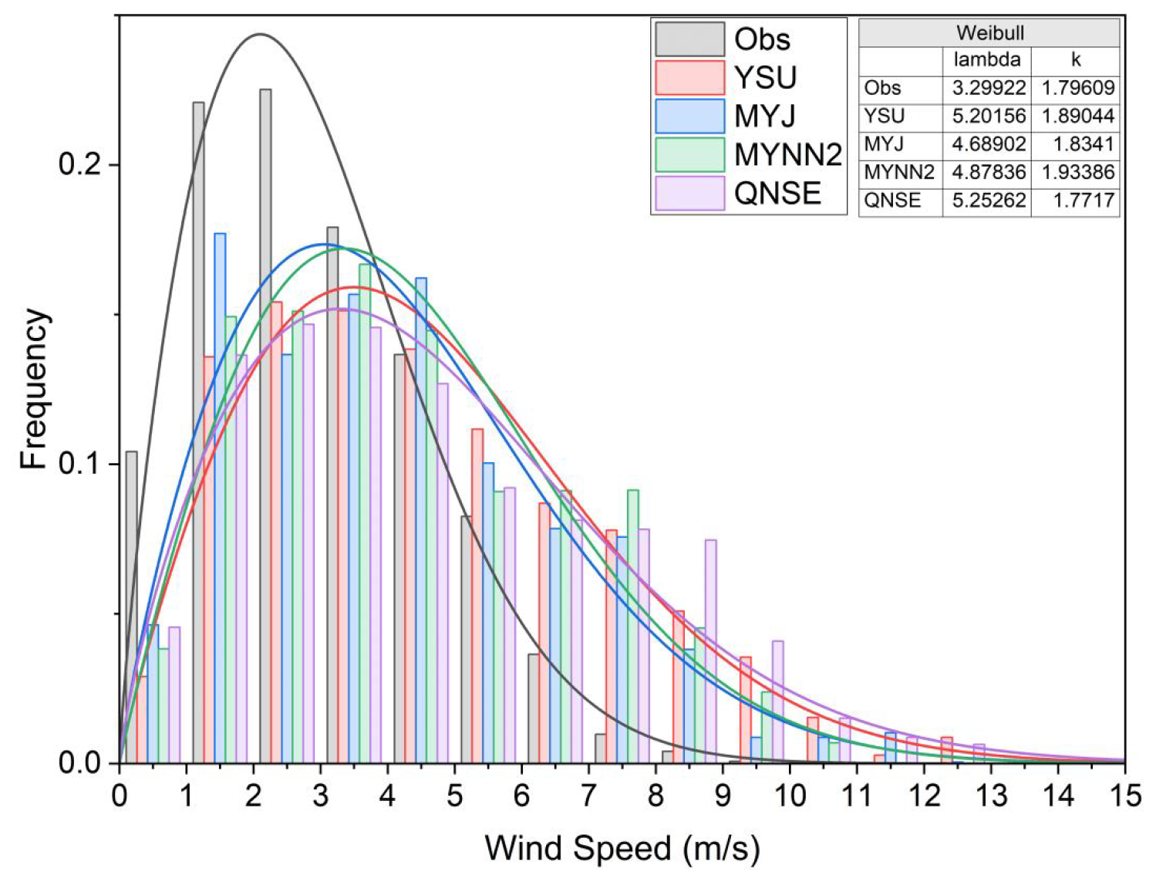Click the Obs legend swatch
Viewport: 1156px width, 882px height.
point(689,39)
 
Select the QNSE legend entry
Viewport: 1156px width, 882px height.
point(777,193)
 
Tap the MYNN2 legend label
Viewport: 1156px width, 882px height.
point(787,154)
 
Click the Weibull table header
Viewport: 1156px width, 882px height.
point(989,33)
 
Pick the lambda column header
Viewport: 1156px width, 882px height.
point(986,60)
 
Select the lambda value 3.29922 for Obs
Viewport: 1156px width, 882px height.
point(989,88)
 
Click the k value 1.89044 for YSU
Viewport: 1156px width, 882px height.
point(1077,116)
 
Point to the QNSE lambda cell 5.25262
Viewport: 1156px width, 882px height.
point(989,201)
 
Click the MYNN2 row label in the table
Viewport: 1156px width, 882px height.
point(898,172)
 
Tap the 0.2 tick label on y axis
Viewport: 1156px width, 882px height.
point(80,164)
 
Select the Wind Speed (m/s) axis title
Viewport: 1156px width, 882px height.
point(622,848)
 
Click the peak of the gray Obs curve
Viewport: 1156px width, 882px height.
point(260,34)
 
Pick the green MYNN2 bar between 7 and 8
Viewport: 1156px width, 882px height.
point(633,626)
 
